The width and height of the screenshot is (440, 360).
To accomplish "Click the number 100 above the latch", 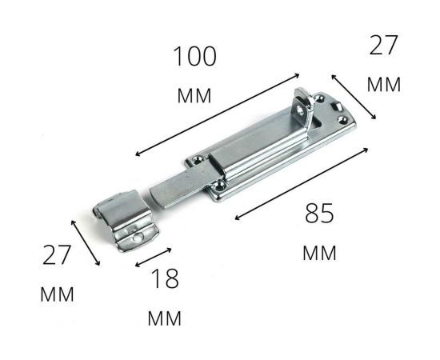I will click(194, 57).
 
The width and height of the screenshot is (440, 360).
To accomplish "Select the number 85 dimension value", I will click(318, 214).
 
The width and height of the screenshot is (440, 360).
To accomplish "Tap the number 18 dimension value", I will click(164, 279).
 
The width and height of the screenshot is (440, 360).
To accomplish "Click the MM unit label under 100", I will click(194, 96).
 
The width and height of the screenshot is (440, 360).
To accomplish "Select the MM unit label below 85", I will click(319, 254).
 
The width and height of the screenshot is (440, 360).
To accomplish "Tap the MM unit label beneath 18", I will click(164, 318).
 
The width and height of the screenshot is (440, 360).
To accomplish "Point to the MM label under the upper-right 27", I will click(383, 85).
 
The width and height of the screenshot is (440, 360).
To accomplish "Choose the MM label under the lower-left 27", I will click(57, 294).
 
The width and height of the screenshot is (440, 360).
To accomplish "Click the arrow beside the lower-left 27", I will click(86, 243).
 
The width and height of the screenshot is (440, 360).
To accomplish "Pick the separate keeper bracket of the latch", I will click(126, 220).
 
